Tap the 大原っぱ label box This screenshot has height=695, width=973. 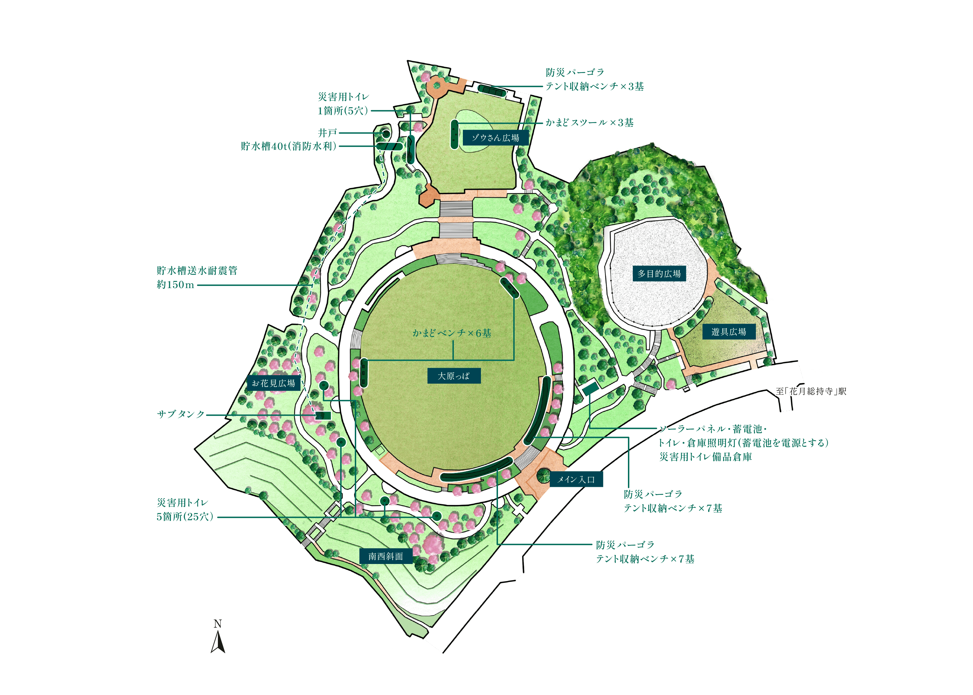pos(453,376)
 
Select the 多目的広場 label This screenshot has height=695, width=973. pos(659,273)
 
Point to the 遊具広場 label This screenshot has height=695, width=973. pos(729,332)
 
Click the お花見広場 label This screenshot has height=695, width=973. pos(273,383)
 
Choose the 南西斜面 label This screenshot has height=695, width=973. pos(385,556)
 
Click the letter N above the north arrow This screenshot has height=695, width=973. pos(218,624)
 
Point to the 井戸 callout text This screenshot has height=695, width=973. pos(327,133)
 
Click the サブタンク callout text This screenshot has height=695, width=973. pos(181,414)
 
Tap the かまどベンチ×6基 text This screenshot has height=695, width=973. pos(452,333)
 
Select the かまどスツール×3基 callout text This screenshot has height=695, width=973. pos(589,123)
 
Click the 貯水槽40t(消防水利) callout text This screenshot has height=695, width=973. pos(289,146)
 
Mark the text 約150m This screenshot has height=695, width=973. pos(175,285)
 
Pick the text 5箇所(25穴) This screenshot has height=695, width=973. pos(185,516)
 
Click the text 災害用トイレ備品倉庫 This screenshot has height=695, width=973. pos(705,457)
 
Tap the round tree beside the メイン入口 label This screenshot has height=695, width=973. pos(543,475)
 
